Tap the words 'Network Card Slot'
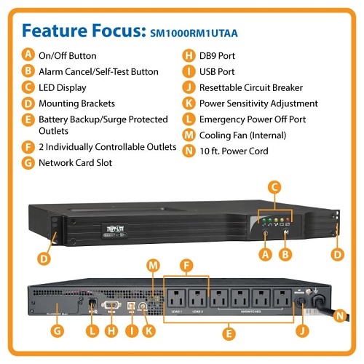[x=75, y=162]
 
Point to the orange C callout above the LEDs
[x=274, y=187]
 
